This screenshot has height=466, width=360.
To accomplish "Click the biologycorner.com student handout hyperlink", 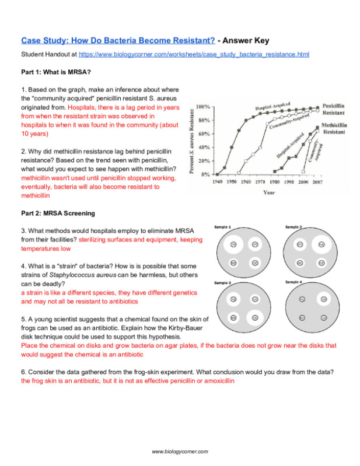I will [x=194, y=54].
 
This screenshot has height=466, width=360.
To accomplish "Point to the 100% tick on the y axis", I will [x=203, y=108].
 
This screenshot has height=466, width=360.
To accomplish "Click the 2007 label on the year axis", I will [x=316, y=182].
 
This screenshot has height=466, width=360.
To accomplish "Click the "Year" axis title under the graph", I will [x=269, y=191].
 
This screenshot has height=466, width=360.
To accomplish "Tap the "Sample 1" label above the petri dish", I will [x=222, y=226].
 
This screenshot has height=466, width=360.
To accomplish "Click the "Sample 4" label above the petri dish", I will [x=293, y=282].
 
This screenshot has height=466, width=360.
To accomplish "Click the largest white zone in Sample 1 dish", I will [x=255, y=245].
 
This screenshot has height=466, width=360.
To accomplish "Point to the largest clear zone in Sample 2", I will [x=320, y=245].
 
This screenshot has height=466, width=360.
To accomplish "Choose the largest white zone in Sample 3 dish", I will [x=254, y=318].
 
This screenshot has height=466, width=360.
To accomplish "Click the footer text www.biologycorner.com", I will [x=180, y=451].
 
